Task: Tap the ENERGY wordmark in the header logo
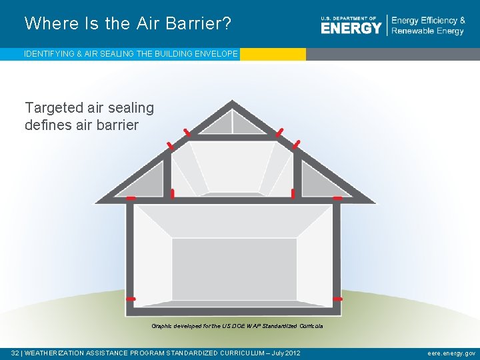351,28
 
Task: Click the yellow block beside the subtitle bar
272,54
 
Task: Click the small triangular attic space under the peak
231,124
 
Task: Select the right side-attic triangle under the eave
317,182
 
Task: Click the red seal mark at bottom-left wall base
131,299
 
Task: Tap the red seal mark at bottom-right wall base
337,299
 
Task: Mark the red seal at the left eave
131,198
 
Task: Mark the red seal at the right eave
337,198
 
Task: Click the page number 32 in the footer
15,353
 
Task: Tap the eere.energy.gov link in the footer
451,353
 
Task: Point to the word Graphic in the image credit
162,326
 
